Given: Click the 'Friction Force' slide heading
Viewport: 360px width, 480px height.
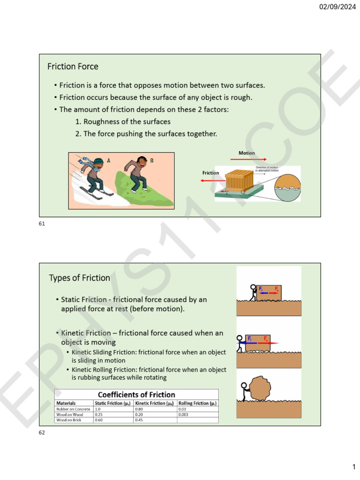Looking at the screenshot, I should pos(73,67).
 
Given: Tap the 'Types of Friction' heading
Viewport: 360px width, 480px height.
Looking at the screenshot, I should pos(79,278).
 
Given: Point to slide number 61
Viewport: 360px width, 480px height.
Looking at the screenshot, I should pos(42,224).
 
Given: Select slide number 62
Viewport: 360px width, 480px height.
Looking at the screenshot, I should pos(42,432).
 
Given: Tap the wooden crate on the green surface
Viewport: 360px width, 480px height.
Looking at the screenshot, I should pos(239,180).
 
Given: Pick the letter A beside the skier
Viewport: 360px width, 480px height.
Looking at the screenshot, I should pos(109,160).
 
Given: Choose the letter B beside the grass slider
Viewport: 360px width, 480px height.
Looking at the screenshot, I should pos(151,161).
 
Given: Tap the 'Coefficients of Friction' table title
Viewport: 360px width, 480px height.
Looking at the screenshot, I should pos(136,395).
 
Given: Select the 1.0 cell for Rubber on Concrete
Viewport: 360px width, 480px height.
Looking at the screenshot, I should pos(97,409).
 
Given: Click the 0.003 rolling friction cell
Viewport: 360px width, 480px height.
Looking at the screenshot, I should pos(184,414).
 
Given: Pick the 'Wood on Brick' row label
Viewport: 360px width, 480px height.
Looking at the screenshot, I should pos(68,420).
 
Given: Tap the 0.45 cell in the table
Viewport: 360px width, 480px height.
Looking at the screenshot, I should pos(139,420).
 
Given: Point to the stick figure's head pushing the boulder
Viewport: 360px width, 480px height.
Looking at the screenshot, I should pos(243,386).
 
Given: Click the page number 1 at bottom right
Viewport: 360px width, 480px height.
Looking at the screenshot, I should pos(354,467).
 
